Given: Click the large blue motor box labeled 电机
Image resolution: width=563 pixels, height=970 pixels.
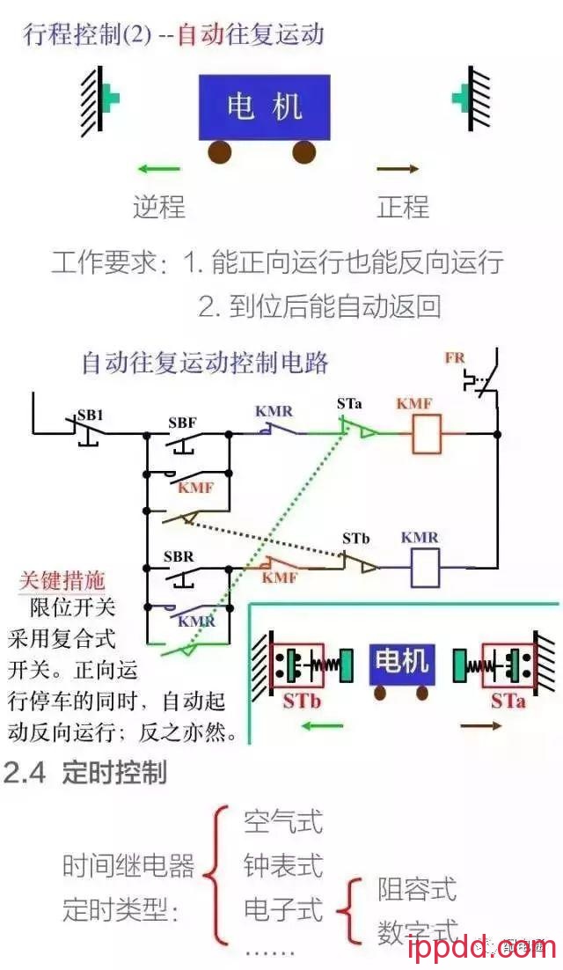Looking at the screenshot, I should click(264, 107).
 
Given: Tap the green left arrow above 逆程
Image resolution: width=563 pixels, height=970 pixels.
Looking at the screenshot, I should click(159, 169).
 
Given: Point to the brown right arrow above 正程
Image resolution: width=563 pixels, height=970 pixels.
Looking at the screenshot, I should click(398, 169).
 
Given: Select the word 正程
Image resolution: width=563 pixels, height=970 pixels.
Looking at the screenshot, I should click(403, 207).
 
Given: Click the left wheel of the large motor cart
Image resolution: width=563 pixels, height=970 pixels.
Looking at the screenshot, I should click(219, 152).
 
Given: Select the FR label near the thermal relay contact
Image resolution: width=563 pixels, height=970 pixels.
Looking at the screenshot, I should click(455, 358).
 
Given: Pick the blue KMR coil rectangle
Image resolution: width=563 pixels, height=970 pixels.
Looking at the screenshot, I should click(426, 568).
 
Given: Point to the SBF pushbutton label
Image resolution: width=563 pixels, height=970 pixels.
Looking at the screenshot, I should click(182, 422).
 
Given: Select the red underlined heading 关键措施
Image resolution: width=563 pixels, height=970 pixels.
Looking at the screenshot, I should click(62, 581).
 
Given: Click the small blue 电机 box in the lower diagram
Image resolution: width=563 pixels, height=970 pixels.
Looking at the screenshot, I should click(401, 660).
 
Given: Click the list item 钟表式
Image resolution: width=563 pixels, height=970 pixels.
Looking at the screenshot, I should click(283, 865).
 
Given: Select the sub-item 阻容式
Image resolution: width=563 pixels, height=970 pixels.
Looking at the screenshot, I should click(417, 889).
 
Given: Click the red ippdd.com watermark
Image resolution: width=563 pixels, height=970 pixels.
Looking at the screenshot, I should click(482, 949).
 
